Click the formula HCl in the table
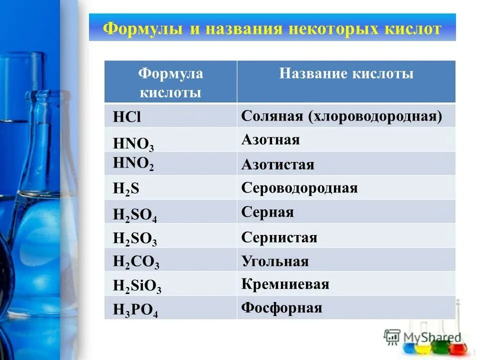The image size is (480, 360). click(x=127, y=117)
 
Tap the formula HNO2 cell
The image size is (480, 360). click(x=133, y=164)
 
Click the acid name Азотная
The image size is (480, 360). click(x=270, y=139)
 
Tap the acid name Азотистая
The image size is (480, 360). click(x=277, y=164)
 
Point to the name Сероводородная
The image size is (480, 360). click(x=299, y=188)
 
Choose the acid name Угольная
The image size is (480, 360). click(x=274, y=261)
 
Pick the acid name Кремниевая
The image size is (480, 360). click(x=285, y=284)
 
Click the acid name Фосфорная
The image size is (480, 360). click(x=281, y=307)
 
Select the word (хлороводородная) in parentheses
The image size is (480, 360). click(x=375, y=116)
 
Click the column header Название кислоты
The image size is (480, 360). click(x=346, y=74)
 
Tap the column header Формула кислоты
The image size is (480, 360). click(x=170, y=83)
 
